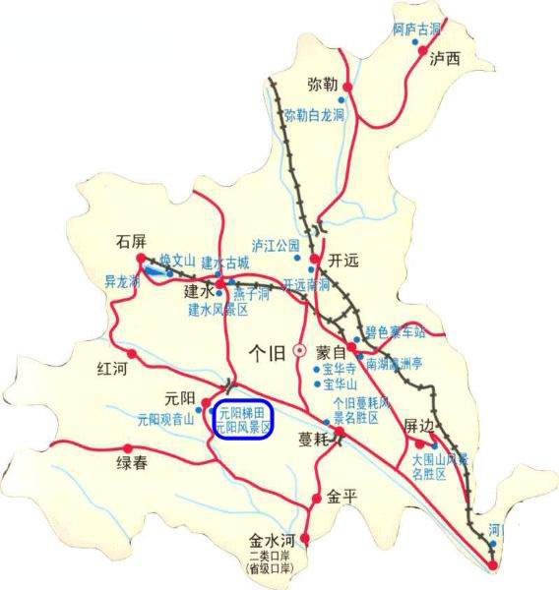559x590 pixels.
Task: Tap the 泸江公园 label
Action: click(276, 244)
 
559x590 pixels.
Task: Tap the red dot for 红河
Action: click(131, 353)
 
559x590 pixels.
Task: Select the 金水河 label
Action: click(272, 541)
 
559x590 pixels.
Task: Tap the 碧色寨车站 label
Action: click(395, 331)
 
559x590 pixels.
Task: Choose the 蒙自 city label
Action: click(333, 351)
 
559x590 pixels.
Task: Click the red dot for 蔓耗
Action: click(339, 432)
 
